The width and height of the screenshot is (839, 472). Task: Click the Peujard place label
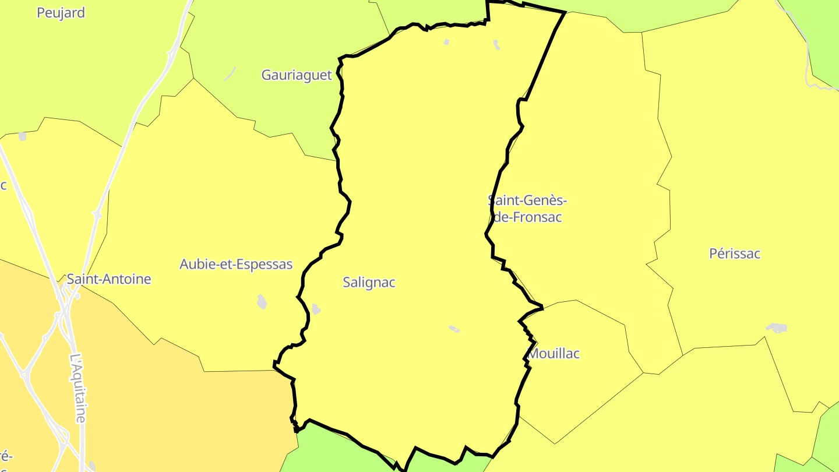[x=61, y=13]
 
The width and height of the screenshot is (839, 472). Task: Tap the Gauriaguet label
[x=297, y=75]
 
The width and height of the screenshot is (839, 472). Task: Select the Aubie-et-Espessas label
[x=236, y=264]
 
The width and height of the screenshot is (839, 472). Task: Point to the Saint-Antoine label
[x=109, y=279]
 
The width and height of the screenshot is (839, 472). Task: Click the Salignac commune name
[x=369, y=283]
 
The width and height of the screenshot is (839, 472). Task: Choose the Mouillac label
[x=554, y=354]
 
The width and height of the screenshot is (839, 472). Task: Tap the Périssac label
[x=735, y=253]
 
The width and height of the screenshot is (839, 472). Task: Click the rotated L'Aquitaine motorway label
[x=78, y=388]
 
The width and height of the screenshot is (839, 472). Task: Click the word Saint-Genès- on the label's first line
[x=528, y=200]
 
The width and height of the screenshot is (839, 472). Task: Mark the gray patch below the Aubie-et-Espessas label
[x=262, y=301]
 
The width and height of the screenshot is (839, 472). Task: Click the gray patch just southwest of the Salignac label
[x=316, y=309]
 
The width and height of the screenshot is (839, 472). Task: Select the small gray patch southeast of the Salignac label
[x=454, y=329]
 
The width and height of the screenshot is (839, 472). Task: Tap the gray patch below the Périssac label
[x=777, y=328]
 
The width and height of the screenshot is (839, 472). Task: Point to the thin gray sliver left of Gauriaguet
[x=230, y=73]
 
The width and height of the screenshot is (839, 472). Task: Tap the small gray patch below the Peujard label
[x=22, y=136]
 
